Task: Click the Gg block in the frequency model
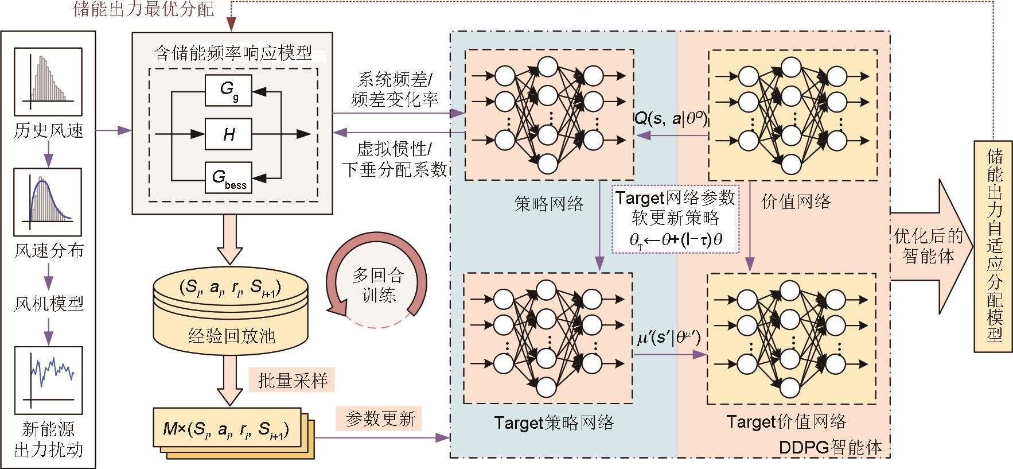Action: (228, 91)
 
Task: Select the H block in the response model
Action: (228, 134)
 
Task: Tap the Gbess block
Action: (228, 178)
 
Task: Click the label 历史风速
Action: (49, 131)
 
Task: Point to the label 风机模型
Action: (49, 303)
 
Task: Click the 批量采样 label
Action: (293, 380)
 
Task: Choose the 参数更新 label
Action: (380, 418)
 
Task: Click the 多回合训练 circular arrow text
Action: (377, 285)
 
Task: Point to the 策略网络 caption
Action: (548, 204)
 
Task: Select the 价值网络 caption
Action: (796, 201)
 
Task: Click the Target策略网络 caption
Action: (554, 423)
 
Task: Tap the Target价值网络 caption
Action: (786, 422)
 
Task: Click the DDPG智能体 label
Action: (831, 447)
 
